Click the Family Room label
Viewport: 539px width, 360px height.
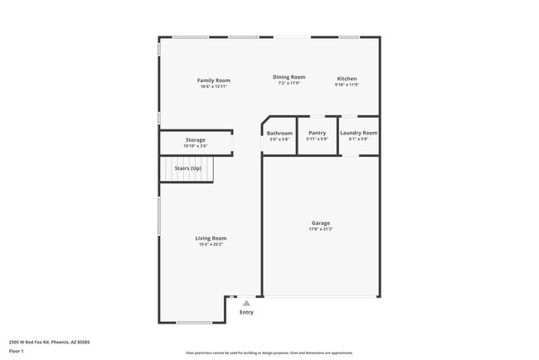click(213, 80)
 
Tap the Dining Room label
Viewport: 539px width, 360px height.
click(289, 77)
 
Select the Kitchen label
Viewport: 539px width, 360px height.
click(347, 79)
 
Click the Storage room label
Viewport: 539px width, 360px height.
click(195, 140)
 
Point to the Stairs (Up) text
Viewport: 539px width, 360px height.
click(187, 168)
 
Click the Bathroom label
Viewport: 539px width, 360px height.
click(279, 133)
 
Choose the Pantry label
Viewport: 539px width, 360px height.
click(317, 133)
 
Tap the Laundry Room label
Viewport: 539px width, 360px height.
click(358, 133)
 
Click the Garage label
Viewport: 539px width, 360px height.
click(321, 222)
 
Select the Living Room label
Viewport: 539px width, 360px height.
click(211, 238)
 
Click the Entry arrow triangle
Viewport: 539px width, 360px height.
click(246, 304)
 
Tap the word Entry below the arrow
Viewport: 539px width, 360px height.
click(246, 313)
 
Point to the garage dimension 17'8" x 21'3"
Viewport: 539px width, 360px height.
click(321, 229)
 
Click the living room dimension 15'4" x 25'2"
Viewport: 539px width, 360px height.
click(211, 245)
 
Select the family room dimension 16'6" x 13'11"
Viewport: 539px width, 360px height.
click(213, 86)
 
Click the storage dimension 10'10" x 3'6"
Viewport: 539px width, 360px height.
click(195, 147)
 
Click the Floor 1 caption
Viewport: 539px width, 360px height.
click(17, 352)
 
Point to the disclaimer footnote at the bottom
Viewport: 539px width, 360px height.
click(269, 353)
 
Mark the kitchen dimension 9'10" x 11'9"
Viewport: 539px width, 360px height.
click(347, 85)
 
